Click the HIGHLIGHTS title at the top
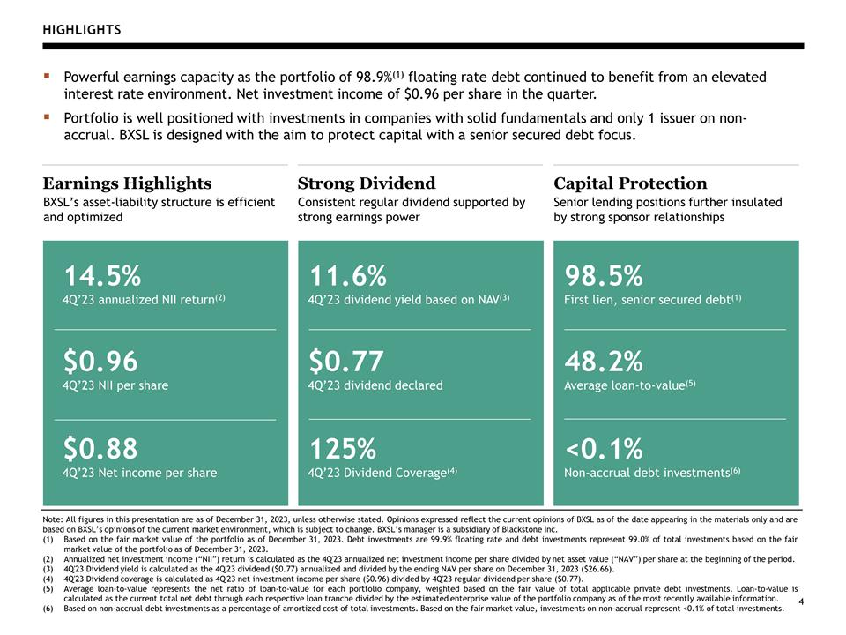pyautogui.click(x=82, y=30)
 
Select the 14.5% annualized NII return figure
pyautogui.click(x=102, y=275)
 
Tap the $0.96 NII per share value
pyautogui.click(x=100, y=362)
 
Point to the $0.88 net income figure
pyautogui.click(x=100, y=448)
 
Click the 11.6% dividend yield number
pyautogui.click(x=348, y=275)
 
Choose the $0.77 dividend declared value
pyautogui.click(x=346, y=362)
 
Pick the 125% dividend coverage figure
pyautogui.click(x=343, y=448)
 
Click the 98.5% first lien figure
pyautogui.click(x=604, y=275)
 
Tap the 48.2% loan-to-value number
pyautogui.click(x=604, y=362)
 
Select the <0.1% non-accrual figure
pyautogui.click(x=604, y=448)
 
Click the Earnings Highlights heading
pyautogui.click(x=127, y=183)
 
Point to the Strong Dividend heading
pyautogui.click(x=367, y=183)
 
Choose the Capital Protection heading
pyautogui.click(x=630, y=183)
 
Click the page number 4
pyautogui.click(x=801, y=601)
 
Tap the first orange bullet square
pyautogui.click(x=47, y=76)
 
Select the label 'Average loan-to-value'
pyautogui.click(x=624, y=385)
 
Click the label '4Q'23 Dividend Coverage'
pyautogui.click(x=377, y=473)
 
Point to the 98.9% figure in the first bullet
pyautogui.click(x=374, y=78)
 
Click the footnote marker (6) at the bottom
pyautogui.click(x=48, y=609)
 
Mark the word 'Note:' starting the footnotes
pyautogui.click(x=52, y=519)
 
